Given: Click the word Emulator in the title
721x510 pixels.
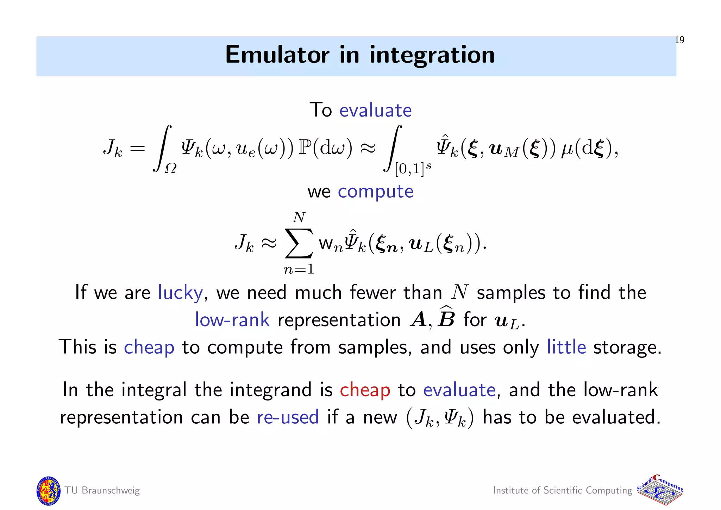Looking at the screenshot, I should coord(277,55).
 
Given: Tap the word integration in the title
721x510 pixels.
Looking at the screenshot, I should coord(432,56).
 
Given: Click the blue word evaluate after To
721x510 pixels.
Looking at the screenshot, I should coord(375,110).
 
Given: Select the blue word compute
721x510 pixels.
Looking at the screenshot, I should coord(375,192).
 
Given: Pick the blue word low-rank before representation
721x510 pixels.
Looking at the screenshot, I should coord(232,320).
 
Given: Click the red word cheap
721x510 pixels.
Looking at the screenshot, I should coord(365,390).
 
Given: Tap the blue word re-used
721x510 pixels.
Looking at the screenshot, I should coord(288,417).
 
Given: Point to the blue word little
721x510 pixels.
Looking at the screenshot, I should coord(566,347).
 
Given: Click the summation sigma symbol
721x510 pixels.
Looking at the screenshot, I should coord(299,243).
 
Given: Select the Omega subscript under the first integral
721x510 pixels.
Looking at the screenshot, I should coord(171,169).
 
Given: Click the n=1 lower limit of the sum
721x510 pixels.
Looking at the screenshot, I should coord(299,269).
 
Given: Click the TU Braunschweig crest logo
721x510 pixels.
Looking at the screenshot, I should coord(48,490).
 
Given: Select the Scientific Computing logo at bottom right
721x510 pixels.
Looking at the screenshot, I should coord(660,490).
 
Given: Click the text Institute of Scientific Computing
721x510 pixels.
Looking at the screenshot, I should coord(562,490).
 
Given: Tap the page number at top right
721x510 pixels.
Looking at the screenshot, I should coord(680,40).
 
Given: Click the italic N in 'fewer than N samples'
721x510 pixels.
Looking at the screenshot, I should coord(459,292).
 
